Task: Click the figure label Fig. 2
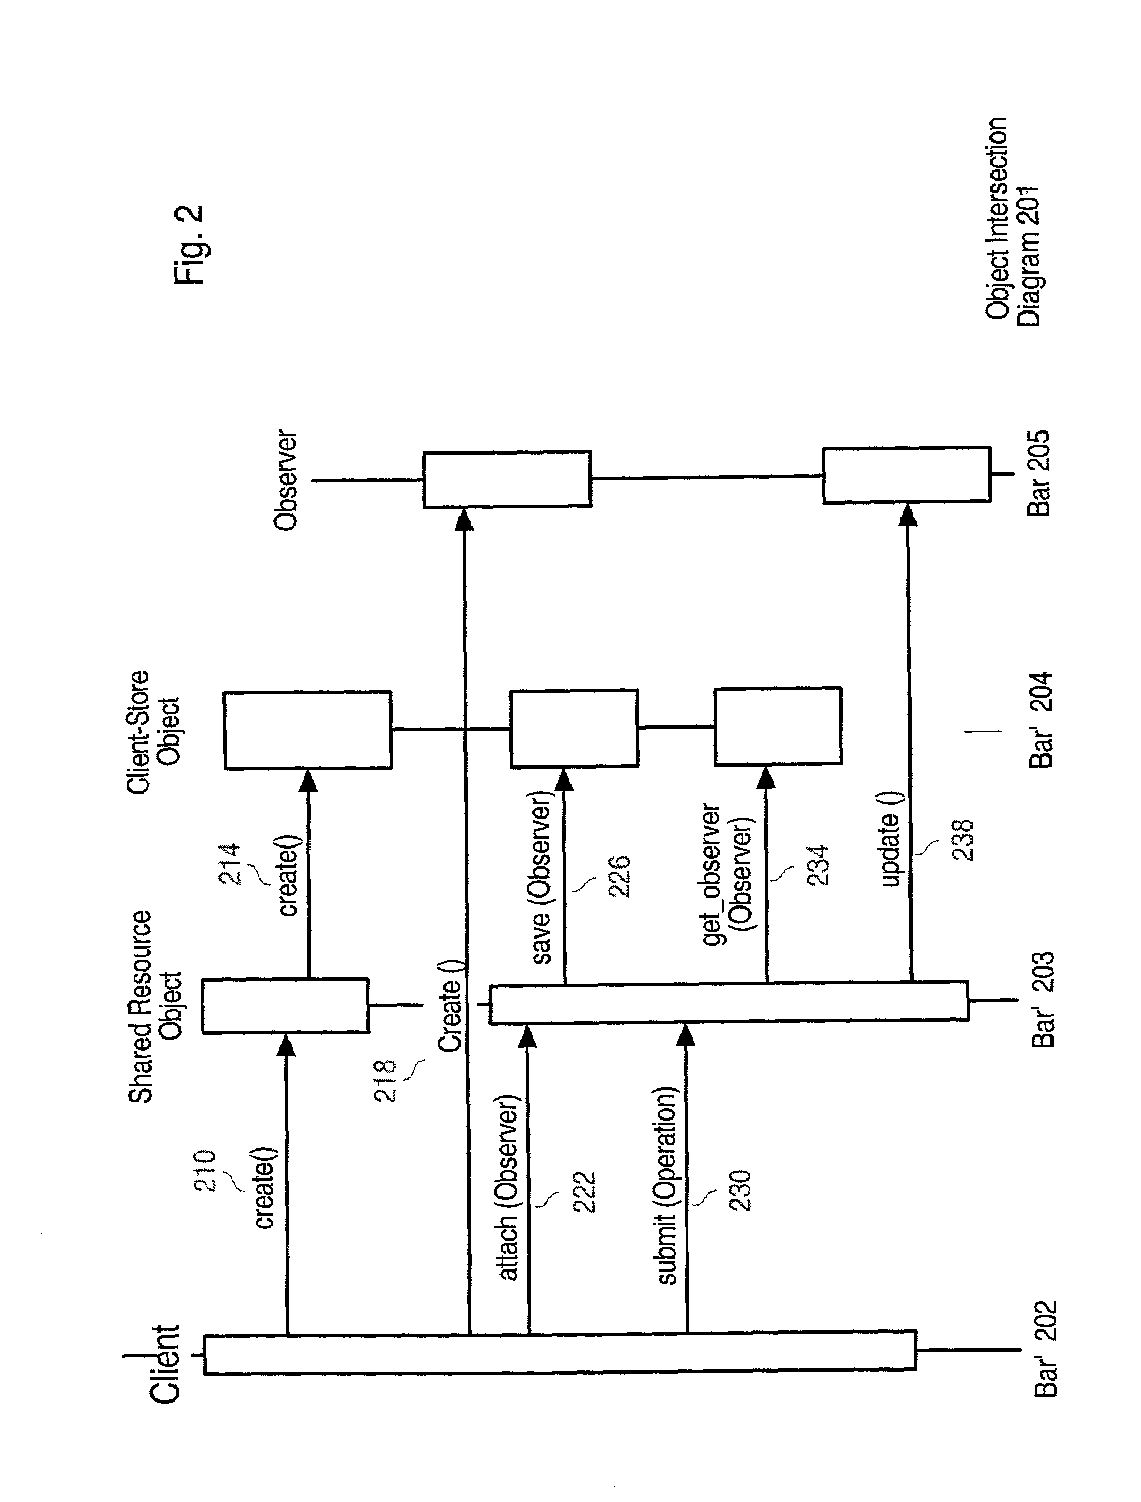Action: [x=188, y=245]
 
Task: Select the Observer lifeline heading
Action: [x=285, y=480]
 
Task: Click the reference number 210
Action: [x=204, y=1170]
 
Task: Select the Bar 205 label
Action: [x=1038, y=473]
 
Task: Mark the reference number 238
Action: [x=963, y=841]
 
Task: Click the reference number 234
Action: [x=819, y=865]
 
